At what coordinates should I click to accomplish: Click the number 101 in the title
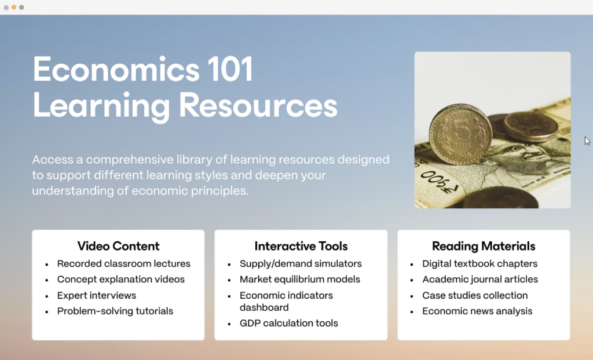pos(230,69)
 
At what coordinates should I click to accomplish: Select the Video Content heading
pos(118,246)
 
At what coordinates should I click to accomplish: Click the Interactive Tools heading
pos(301,246)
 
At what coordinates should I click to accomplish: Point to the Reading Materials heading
pos(484,246)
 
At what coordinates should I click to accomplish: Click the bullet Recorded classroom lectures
pos(124,263)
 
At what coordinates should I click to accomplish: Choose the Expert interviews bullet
pos(97,295)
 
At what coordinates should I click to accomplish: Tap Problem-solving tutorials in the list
pos(115,311)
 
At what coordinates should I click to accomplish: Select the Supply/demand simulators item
pos(301,263)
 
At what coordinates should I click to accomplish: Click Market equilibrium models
pos(300,280)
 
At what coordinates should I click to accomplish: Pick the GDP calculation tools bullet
pos(289,324)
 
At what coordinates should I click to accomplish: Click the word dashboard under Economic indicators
pos(264,307)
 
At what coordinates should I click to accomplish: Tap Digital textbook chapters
pos(480,263)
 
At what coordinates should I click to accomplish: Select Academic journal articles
pos(480,280)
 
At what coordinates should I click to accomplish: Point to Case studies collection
pos(475,295)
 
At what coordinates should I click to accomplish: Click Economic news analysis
pos(477,311)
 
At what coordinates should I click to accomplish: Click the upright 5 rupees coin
pos(460,135)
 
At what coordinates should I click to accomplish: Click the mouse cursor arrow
pos(587,141)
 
